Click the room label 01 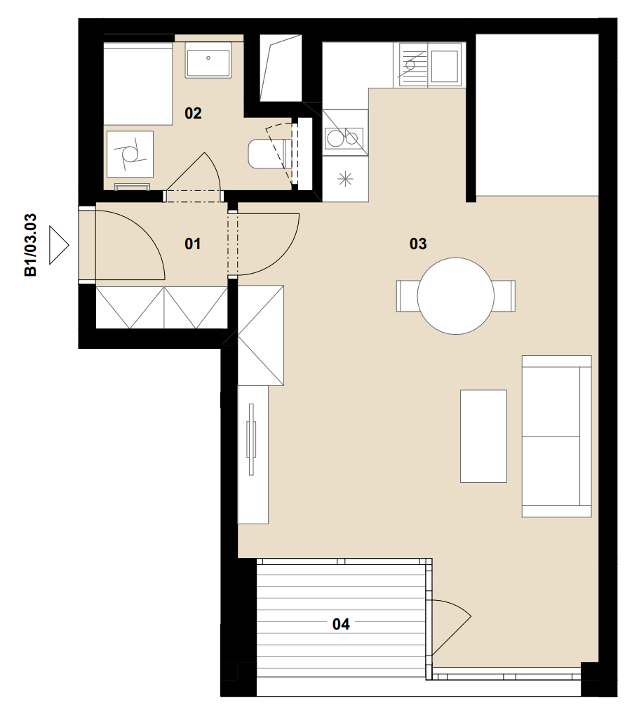[193, 244]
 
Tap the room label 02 [193, 113]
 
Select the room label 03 [418, 244]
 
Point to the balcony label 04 [341, 624]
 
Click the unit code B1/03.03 [31, 245]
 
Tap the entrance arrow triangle [59, 245]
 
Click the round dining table [456, 295]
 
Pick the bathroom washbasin [208, 60]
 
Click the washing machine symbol [130, 154]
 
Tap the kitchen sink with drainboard [430, 64]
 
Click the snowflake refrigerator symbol [345, 178]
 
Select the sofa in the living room [557, 437]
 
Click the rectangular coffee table [483, 436]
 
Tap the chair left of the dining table [407, 295]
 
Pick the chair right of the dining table [504, 295]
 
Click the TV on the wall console [251, 439]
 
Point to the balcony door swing [451, 628]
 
